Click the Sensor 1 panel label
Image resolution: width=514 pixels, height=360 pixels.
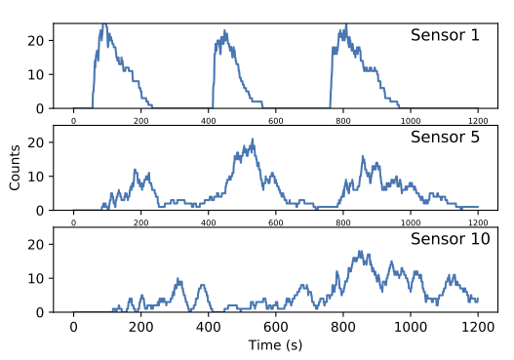coord(445,35)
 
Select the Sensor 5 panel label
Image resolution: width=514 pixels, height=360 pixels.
coord(445,137)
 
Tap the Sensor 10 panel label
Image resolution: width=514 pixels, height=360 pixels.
coord(450,239)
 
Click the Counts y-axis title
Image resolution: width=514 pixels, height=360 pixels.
coord(15,169)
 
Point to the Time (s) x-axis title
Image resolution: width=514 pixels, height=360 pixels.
coord(275,346)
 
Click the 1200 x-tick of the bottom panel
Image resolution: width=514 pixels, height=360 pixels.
coord(478,327)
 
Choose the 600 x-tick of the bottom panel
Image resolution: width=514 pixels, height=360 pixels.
coord(276,327)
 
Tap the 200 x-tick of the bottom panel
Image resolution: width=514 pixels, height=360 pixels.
coord(141,327)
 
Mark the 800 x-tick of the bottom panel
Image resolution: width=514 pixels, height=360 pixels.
coord(343,327)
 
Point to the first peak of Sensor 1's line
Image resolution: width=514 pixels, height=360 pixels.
coord(104,24)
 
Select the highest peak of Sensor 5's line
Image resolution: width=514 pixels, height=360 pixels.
coord(254,140)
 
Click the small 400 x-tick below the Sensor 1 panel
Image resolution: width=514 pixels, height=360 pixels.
coord(209,120)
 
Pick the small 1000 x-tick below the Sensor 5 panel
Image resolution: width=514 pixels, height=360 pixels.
coord(411,221)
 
